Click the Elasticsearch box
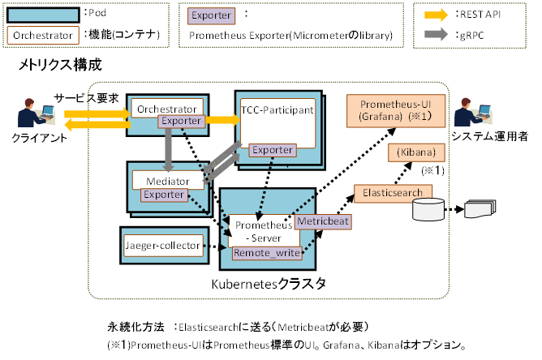pos(393,193)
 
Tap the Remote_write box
pos(267,253)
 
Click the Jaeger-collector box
pos(162,244)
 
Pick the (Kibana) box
pos(417,153)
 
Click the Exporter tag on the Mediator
pos(163,195)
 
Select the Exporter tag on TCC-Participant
pos(271,149)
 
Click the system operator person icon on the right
pos(472,114)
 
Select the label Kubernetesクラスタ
pos(268,284)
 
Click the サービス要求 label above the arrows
pos(87,97)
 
